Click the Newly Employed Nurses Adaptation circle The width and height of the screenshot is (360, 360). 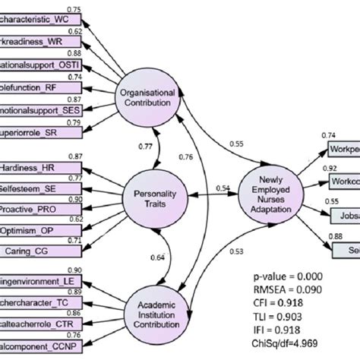(269, 200)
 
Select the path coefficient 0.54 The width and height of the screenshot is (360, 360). (223, 188)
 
